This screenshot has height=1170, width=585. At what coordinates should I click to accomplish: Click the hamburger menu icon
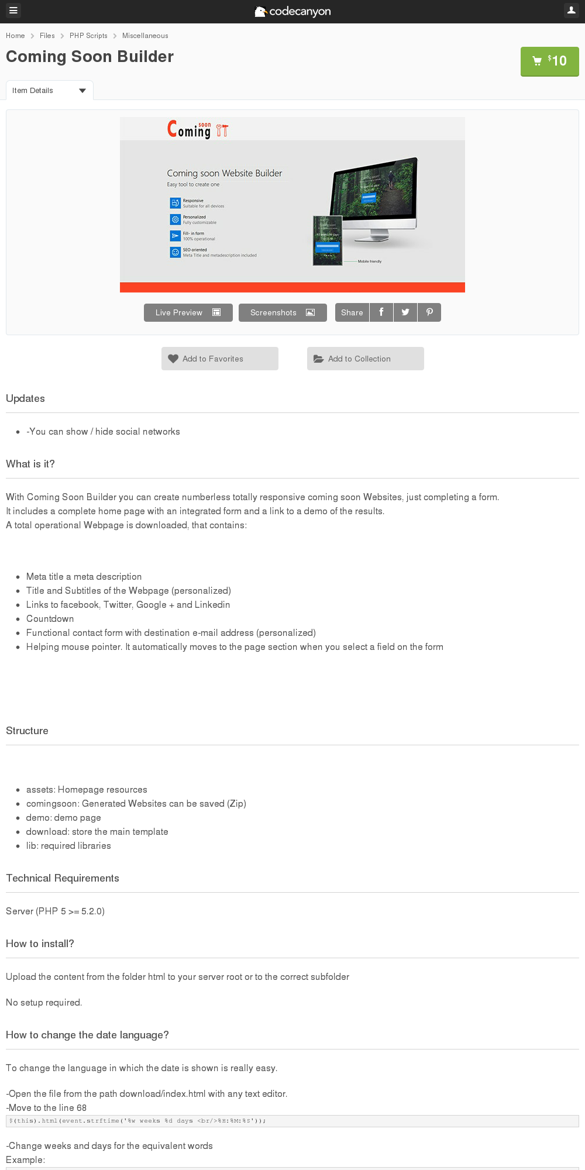click(x=13, y=11)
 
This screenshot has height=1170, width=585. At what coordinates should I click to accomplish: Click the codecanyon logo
click(x=292, y=11)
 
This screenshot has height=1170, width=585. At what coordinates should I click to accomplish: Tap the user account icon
click(x=571, y=11)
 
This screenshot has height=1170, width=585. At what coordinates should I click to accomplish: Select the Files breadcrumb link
click(x=47, y=36)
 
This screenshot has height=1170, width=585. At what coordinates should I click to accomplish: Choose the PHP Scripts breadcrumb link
click(x=88, y=36)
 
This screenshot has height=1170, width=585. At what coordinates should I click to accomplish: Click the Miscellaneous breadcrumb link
click(x=145, y=36)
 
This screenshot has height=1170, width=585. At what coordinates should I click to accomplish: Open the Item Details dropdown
click(x=49, y=91)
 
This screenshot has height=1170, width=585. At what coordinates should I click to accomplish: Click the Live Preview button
click(x=188, y=312)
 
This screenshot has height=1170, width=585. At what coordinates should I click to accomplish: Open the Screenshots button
click(x=283, y=312)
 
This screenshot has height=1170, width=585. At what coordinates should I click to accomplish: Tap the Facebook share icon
click(x=381, y=312)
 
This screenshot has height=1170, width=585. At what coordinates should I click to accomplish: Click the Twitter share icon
click(x=405, y=312)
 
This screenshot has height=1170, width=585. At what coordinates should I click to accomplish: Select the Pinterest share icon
click(x=429, y=312)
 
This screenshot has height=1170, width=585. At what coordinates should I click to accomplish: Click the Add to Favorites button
click(x=220, y=359)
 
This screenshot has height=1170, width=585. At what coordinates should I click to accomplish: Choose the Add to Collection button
click(x=366, y=359)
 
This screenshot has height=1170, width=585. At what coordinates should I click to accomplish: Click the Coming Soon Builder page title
click(x=90, y=57)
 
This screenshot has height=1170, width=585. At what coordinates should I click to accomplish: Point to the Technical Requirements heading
click(x=63, y=878)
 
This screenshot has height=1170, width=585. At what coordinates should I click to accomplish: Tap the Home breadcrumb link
click(x=15, y=36)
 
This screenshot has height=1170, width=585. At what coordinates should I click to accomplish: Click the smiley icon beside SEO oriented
click(x=175, y=252)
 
